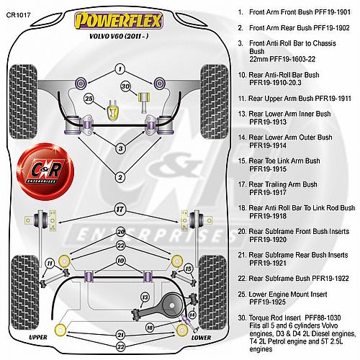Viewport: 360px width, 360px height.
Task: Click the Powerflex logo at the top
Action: click(x=119, y=21)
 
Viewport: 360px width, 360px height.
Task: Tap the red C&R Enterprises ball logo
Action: click(x=45, y=171)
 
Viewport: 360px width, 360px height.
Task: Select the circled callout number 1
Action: click(x=120, y=69)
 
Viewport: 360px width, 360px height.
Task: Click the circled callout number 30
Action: click(x=125, y=86)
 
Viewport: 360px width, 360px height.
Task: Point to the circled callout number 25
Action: click(x=89, y=99)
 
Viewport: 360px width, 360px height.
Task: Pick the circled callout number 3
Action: click(x=120, y=148)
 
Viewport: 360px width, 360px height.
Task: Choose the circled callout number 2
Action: click(x=120, y=177)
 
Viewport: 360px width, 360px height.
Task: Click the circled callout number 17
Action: click(x=120, y=210)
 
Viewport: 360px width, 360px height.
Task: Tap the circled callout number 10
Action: click(x=120, y=261)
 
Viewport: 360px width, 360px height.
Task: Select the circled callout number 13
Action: click(x=145, y=297)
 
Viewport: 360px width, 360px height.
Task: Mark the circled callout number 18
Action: click(x=150, y=328)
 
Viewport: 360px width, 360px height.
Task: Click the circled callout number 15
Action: click(x=188, y=269)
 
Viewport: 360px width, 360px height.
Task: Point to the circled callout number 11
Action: click(x=50, y=264)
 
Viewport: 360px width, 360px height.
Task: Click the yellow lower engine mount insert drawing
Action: click(x=112, y=110)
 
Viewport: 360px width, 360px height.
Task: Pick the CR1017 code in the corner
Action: click(x=19, y=15)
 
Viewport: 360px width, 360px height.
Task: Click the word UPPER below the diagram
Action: click(x=38, y=337)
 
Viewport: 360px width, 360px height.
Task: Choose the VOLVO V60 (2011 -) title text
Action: click(x=119, y=36)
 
